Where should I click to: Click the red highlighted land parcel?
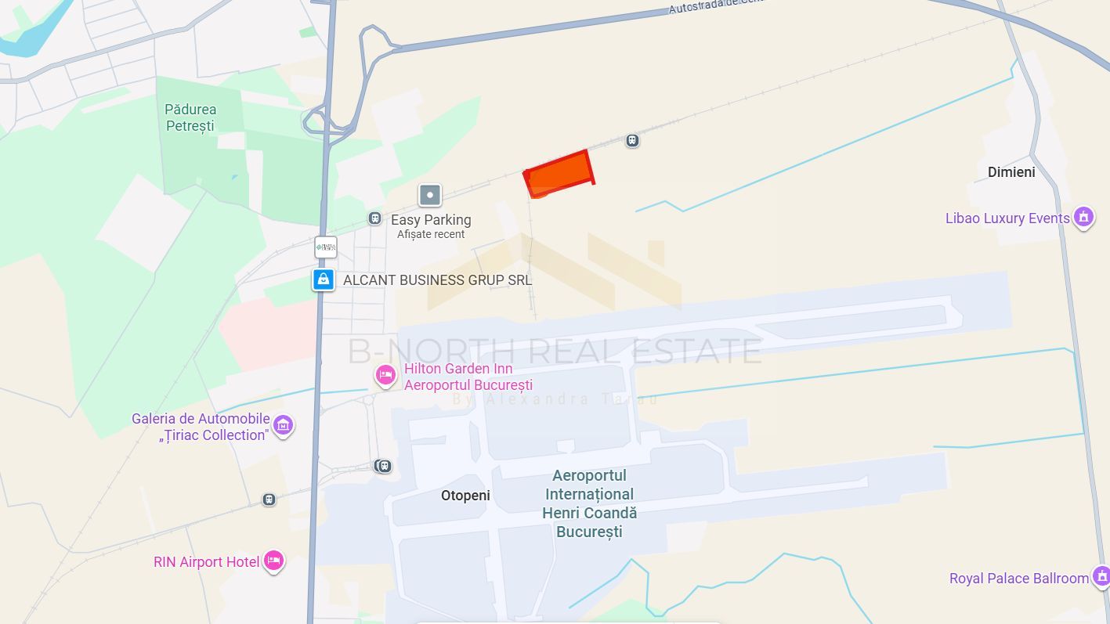(559, 171)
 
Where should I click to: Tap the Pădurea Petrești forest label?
(190, 117)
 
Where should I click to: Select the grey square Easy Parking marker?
(429, 195)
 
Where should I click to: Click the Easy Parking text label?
(431, 220)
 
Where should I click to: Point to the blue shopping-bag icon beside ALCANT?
(324, 279)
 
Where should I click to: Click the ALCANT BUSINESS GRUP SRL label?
(437, 280)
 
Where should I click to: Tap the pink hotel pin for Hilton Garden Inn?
(385, 377)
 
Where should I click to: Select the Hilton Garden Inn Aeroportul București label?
(468, 377)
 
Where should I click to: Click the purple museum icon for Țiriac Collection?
(283, 425)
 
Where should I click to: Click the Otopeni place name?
(465, 496)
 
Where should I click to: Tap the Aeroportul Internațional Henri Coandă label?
(589, 503)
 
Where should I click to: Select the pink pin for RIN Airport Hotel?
(273, 561)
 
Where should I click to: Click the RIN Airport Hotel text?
(207, 562)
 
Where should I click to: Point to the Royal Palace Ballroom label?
(1018, 579)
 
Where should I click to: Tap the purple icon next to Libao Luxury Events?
(1083, 216)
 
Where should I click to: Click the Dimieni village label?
(1011, 172)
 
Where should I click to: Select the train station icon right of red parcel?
(632, 141)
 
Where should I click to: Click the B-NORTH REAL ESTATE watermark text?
(555, 352)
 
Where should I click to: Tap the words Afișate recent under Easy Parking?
(431, 234)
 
